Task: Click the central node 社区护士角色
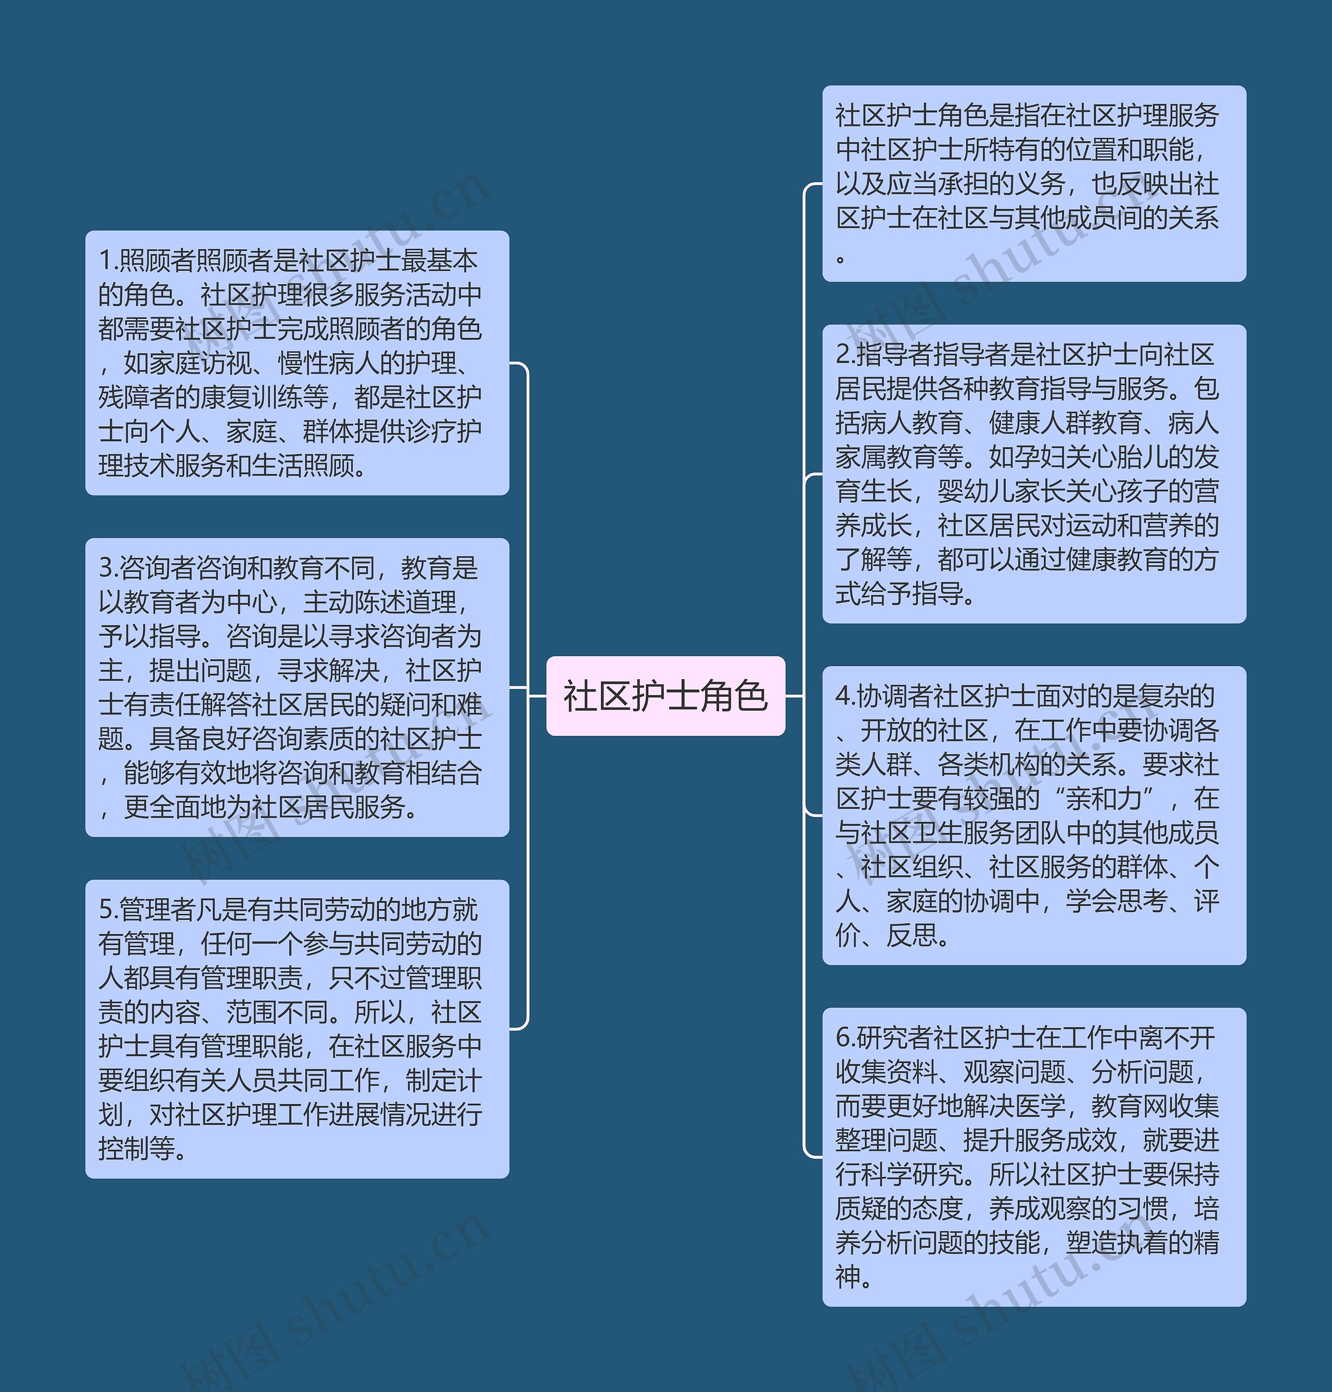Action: coord(665,696)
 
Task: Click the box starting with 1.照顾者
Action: coord(297,363)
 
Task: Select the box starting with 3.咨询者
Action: coord(297,687)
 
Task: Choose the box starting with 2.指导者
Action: coord(1034,474)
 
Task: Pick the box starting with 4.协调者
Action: coord(1034,815)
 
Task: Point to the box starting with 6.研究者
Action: coord(1034,1156)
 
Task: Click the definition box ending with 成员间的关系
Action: coord(1034,183)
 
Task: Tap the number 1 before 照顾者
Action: coord(105,261)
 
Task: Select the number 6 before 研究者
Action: coord(843,1038)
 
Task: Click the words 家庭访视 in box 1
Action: coord(176,363)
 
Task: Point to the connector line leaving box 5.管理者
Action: coord(519,1028)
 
